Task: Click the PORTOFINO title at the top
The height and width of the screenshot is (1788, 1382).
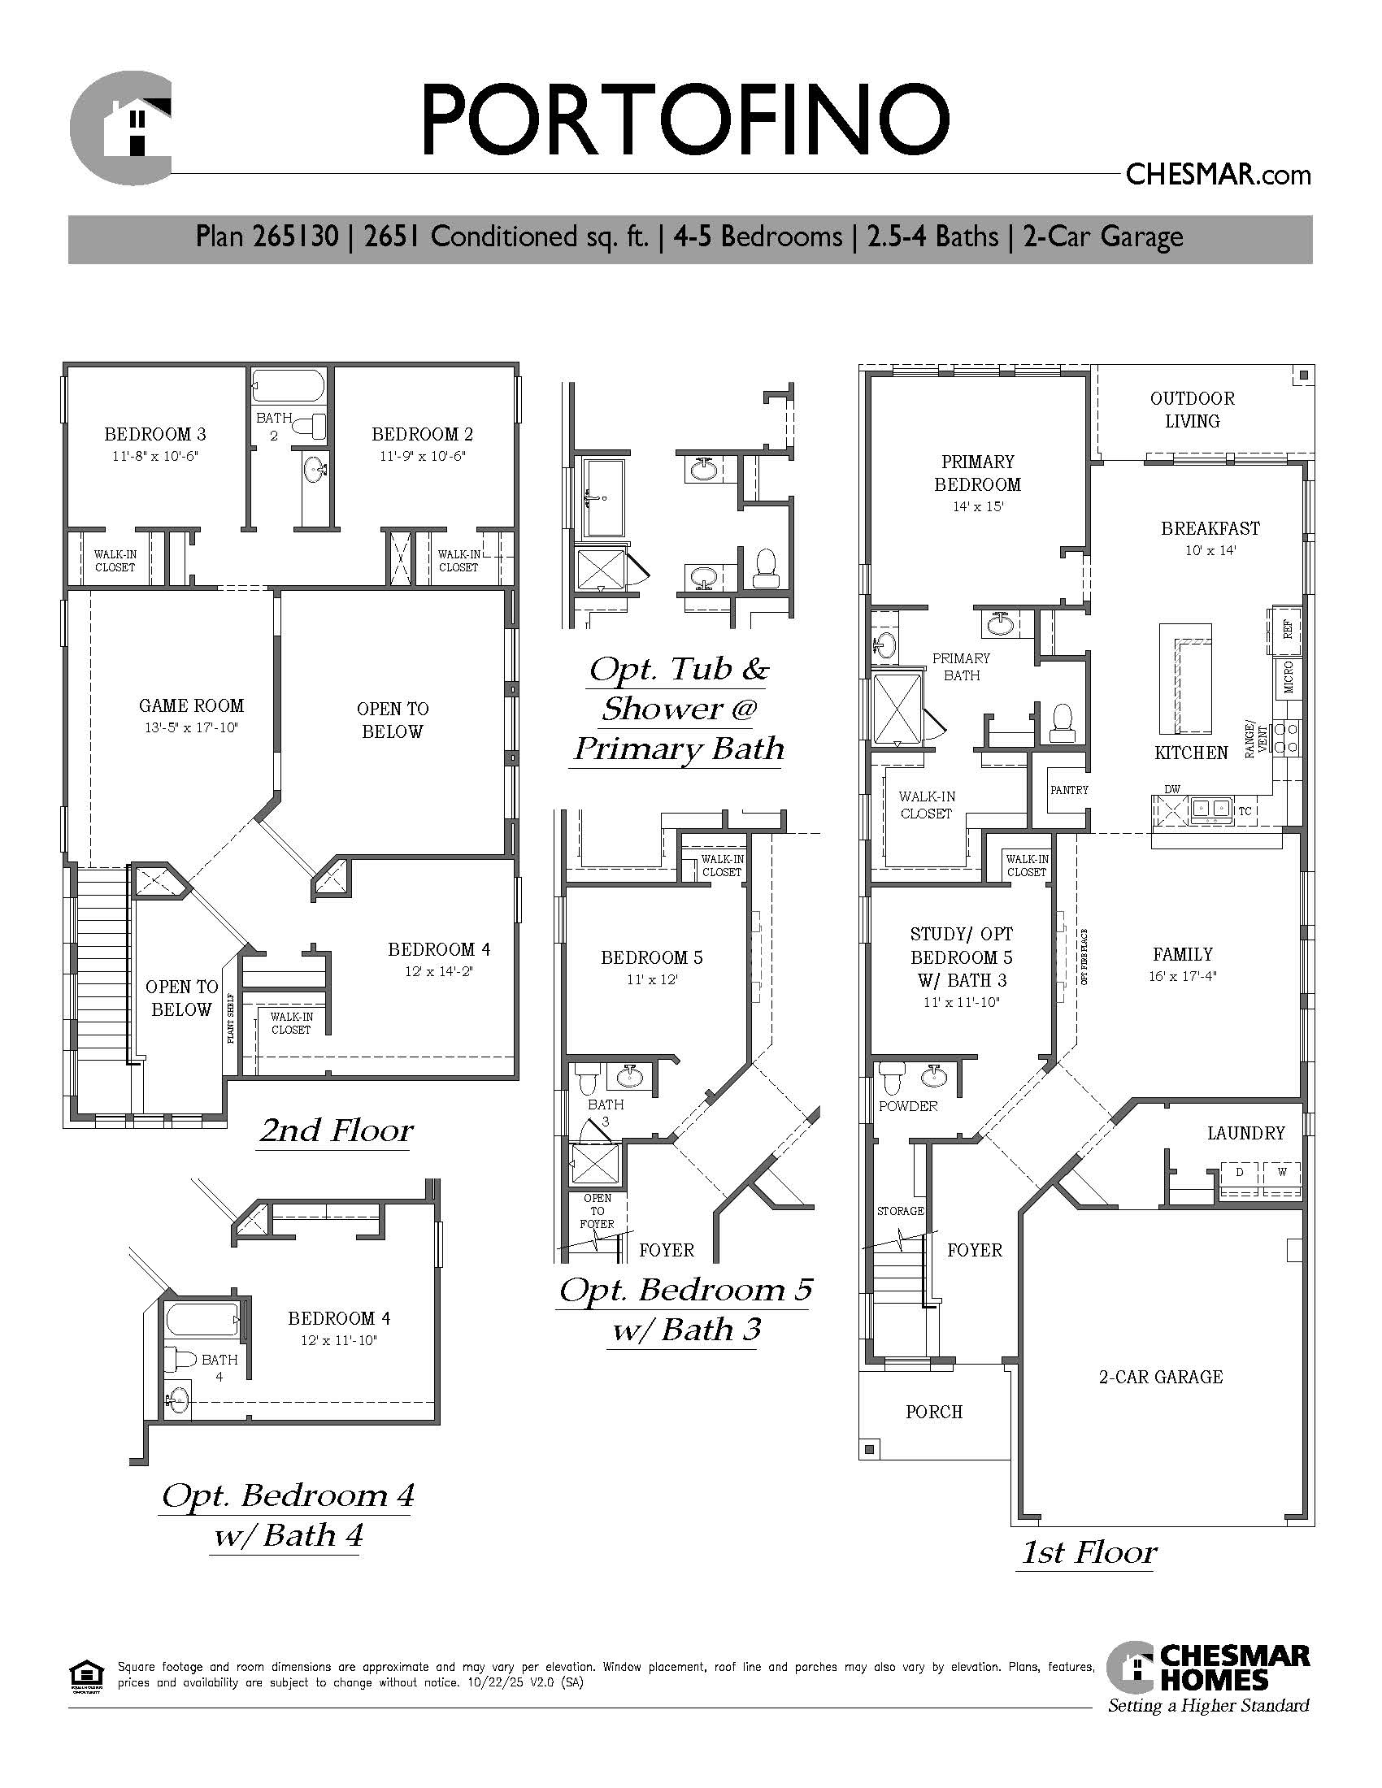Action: point(685,120)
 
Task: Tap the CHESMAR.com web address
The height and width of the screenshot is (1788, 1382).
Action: point(1219,175)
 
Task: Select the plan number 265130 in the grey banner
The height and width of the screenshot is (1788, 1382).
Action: point(296,237)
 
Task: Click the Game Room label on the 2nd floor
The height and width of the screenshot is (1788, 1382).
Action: point(192,705)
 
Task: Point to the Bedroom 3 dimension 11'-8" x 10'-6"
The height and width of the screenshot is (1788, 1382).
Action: point(155,456)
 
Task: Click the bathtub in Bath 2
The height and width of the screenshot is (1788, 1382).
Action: point(289,385)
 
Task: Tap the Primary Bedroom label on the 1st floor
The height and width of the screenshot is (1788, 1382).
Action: point(977,472)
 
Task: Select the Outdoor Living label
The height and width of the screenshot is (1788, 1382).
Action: point(1192,410)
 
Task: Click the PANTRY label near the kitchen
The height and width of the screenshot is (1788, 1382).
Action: point(1069,790)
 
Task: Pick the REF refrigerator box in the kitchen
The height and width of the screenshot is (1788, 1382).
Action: point(1285,630)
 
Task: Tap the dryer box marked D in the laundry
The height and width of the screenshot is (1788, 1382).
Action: point(1240,1172)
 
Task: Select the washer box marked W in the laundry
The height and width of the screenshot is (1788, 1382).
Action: point(1282,1172)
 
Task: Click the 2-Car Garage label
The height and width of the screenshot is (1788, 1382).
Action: point(1161,1377)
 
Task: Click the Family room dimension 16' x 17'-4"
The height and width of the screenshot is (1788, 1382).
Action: point(1182,976)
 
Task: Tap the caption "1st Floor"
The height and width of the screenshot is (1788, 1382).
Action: point(1089,1552)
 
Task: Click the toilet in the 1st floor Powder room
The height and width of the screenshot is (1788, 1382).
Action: point(892,1078)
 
